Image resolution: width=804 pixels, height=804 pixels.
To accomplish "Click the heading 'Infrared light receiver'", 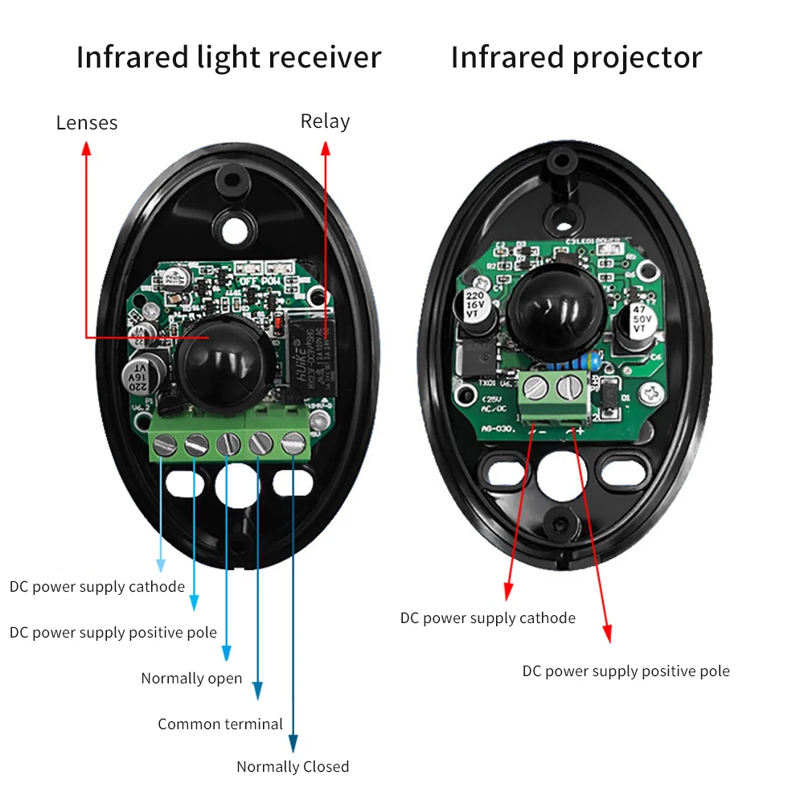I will pyautogui.click(x=228, y=58).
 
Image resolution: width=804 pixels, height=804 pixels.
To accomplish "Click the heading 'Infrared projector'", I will pyautogui.click(x=576, y=58).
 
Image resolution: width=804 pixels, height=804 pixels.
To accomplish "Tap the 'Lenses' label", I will pyautogui.click(x=87, y=123).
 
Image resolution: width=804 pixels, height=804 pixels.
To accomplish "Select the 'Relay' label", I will pyautogui.click(x=325, y=121).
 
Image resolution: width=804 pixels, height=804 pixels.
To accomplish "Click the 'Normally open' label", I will pyautogui.click(x=191, y=679).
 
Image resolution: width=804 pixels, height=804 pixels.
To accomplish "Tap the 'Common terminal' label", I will pyautogui.click(x=220, y=724).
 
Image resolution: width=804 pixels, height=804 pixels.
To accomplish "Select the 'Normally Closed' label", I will pyautogui.click(x=293, y=767).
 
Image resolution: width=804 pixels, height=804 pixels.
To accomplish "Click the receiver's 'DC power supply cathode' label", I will pyautogui.click(x=97, y=587).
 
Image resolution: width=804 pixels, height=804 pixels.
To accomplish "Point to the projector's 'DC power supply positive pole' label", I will pyautogui.click(x=626, y=671).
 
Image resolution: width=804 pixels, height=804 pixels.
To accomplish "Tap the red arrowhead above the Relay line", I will pyautogui.click(x=326, y=148).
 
